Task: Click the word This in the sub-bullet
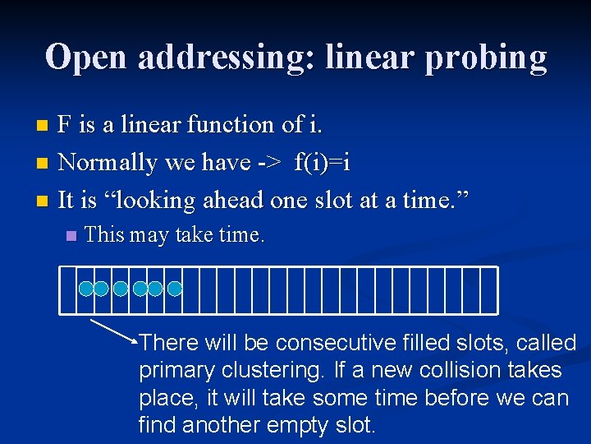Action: pos(103,235)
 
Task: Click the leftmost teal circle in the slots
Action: pos(85,289)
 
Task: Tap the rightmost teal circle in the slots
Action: pos(175,289)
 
